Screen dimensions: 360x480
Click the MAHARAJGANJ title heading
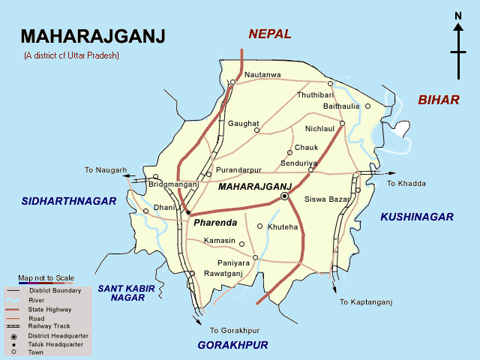tap(94, 37)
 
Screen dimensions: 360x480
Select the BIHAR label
tap(438, 100)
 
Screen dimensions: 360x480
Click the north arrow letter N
tap(457, 16)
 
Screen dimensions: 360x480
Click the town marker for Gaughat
tap(256, 130)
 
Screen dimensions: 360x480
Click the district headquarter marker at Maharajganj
tap(284, 196)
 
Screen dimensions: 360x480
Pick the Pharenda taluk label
tap(214, 223)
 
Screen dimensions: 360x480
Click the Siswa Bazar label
tap(328, 199)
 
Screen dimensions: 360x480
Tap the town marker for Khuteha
tap(260, 226)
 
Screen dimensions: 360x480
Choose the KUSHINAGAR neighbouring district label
tap(417, 217)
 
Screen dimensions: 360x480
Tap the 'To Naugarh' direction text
tap(106, 170)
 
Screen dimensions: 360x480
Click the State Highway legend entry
tap(50, 308)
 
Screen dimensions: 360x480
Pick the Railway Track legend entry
tap(50, 326)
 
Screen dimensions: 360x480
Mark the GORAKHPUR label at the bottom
tap(232, 345)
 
